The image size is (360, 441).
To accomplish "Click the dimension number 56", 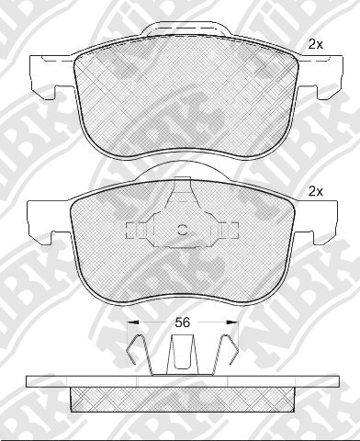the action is [x=182, y=322].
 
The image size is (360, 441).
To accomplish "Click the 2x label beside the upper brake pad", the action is [x=315, y=45].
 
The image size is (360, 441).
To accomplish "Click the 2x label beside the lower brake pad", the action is [x=315, y=192].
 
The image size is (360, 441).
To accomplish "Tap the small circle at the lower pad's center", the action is [x=183, y=230].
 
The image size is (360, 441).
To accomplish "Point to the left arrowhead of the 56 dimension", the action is [x=133, y=322].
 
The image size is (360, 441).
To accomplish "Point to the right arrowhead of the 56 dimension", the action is [x=232, y=322].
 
